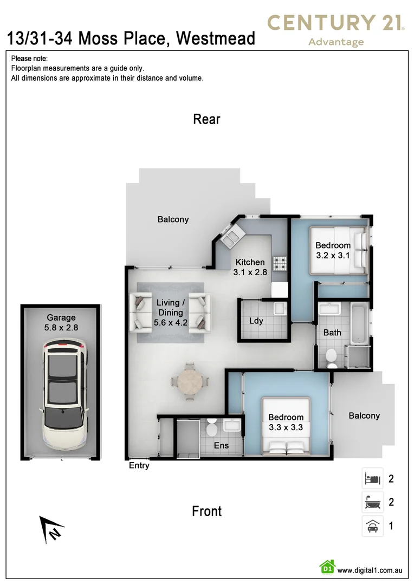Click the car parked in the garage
pyautogui.click(x=64, y=395)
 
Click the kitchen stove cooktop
pyautogui.click(x=280, y=263)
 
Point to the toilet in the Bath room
pyautogui.click(x=332, y=358)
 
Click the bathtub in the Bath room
pyautogui.click(x=358, y=323)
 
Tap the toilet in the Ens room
pyautogui.click(x=211, y=428)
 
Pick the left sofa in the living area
pyautogui.click(x=142, y=312)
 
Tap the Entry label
pyautogui.click(x=139, y=465)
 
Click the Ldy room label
pyautogui.click(x=256, y=321)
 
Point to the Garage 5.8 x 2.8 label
pyautogui.click(x=61, y=322)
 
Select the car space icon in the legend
pyautogui.click(x=372, y=526)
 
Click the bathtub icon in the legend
pyautogui.click(x=372, y=502)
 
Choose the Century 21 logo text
pyautogui.click(x=336, y=23)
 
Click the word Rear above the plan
pyautogui.click(x=206, y=119)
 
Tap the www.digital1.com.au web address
pyautogui.click(x=369, y=570)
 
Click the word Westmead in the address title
pyautogui.click(x=216, y=38)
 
